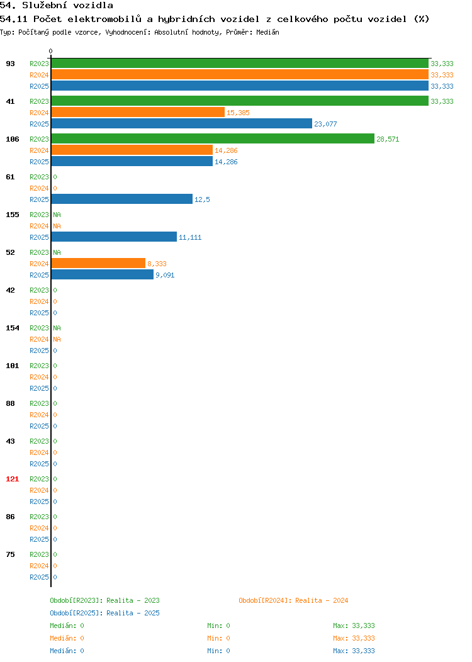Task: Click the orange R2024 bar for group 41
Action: pyautogui.click(x=138, y=112)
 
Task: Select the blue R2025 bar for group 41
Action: pyautogui.click(x=181, y=124)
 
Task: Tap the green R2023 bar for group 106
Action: pyautogui.click(x=213, y=139)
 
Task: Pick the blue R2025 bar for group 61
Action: pyautogui.click(x=122, y=199)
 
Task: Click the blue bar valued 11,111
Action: pyautogui.click(x=114, y=237)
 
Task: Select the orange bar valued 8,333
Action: pyautogui.click(x=98, y=264)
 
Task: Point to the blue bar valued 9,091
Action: pyautogui.click(x=103, y=275)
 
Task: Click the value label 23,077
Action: pyautogui.click(x=325, y=124)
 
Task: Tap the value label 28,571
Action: pyautogui.click(x=388, y=139)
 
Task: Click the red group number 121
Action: pyautogui.click(x=12, y=479)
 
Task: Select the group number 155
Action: pyautogui.click(x=12, y=215)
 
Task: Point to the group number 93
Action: pyautogui.click(x=11, y=64)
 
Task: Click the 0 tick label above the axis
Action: pyautogui.click(x=51, y=51)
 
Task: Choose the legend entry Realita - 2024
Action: pyautogui.click(x=293, y=600)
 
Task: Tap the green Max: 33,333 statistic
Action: pyautogui.click(x=354, y=626)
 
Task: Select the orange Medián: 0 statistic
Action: pyautogui.click(x=67, y=638)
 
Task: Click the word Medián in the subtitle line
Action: pyautogui.click(x=267, y=32)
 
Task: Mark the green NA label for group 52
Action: pyautogui.click(x=57, y=252)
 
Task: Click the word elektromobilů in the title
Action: pyautogui.click(x=104, y=19)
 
